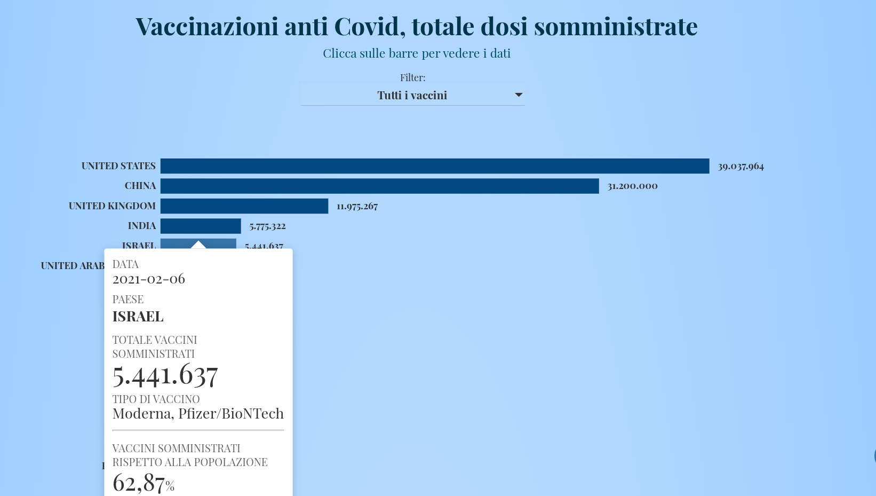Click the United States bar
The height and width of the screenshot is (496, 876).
pos(435,166)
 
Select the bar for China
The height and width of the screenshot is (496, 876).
pos(379,186)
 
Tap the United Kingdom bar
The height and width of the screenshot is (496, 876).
pos(244,206)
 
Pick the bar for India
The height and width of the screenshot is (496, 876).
pos(201,226)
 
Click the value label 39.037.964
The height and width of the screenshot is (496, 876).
pos(740,167)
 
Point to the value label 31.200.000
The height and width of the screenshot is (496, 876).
pos(632,186)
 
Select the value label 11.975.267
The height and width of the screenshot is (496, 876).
pos(357,206)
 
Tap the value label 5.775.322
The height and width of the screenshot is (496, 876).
pos(267,226)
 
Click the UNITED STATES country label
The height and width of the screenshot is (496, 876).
pos(118,166)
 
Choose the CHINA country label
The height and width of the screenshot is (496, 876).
pos(140,186)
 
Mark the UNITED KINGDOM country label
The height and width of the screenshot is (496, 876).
pos(112,206)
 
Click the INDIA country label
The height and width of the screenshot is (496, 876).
pos(142,226)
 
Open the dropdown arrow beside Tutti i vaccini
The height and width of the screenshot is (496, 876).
pos(518,95)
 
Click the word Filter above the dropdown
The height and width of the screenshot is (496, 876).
pos(412,78)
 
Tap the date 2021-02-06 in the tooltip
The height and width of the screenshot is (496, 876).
pos(149,279)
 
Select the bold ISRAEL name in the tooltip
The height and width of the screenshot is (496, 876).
pos(138,317)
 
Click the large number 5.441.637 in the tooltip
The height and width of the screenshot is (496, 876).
pos(165,375)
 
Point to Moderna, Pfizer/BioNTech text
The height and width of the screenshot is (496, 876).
pos(198,414)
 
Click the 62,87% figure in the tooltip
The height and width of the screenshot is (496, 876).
pos(143,483)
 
